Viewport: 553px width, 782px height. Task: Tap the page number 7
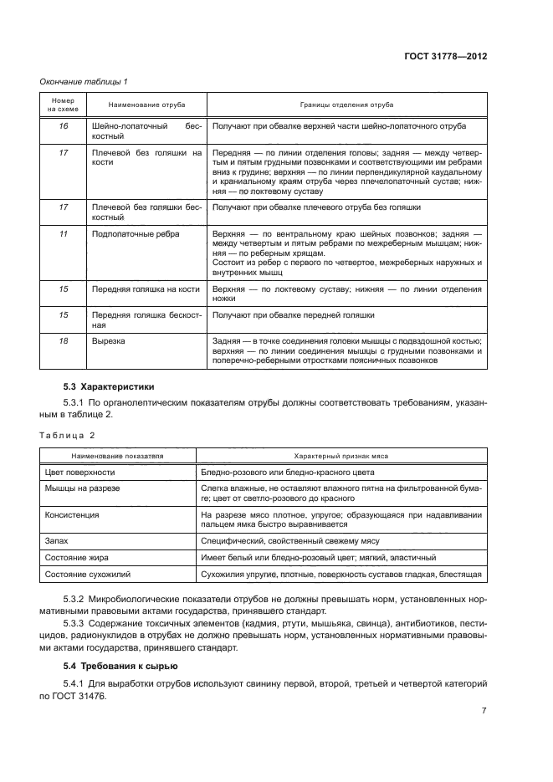click(x=484, y=711)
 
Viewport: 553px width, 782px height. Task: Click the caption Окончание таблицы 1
click(x=83, y=81)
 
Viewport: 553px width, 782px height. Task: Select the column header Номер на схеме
click(x=61, y=105)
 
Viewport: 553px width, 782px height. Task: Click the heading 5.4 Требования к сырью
click(x=120, y=666)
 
